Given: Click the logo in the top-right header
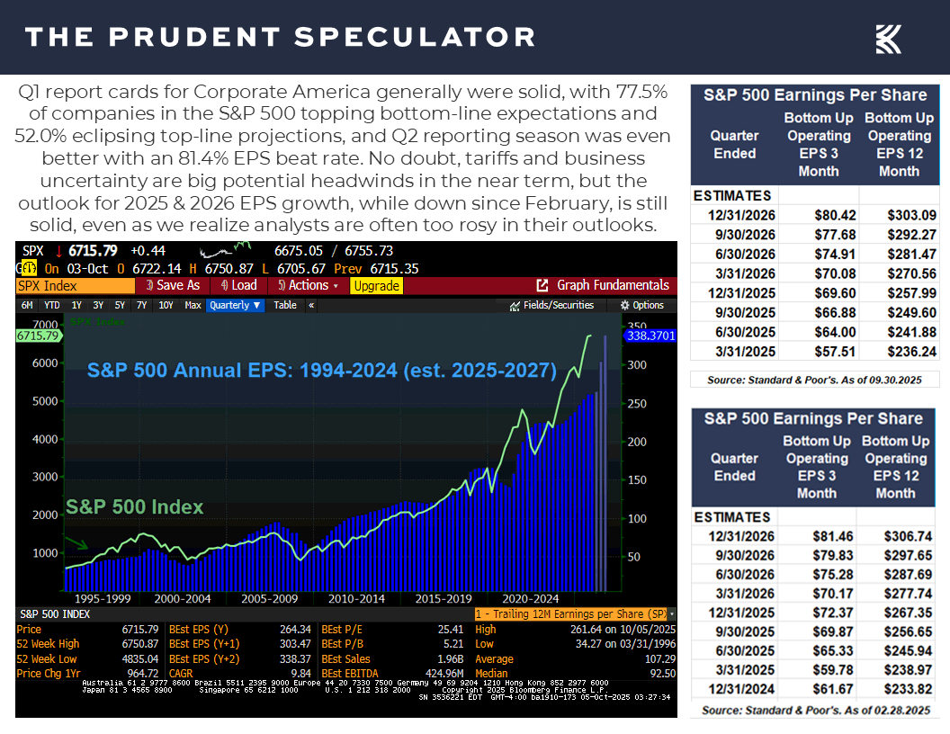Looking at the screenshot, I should pyautogui.click(x=888, y=39).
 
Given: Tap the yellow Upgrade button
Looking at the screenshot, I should pyautogui.click(x=376, y=285).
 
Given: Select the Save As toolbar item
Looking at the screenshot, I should pyautogui.click(x=174, y=285).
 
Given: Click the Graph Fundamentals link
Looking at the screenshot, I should pyautogui.click(x=603, y=285).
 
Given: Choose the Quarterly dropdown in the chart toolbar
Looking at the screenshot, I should pyautogui.click(x=235, y=305).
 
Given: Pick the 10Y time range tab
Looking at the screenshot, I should pyautogui.click(x=166, y=305).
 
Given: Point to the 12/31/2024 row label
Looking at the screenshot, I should pyautogui.click(x=733, y=688).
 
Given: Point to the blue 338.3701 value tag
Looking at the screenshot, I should pyautogui.click(x=649, y=335).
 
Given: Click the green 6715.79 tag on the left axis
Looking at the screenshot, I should pyautogui.click(x=37, y=336).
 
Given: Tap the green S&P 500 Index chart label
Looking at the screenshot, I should pyautogui.click(x=134, y=506).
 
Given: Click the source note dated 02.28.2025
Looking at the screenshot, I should pyautogui.click(x=816, y=710).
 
